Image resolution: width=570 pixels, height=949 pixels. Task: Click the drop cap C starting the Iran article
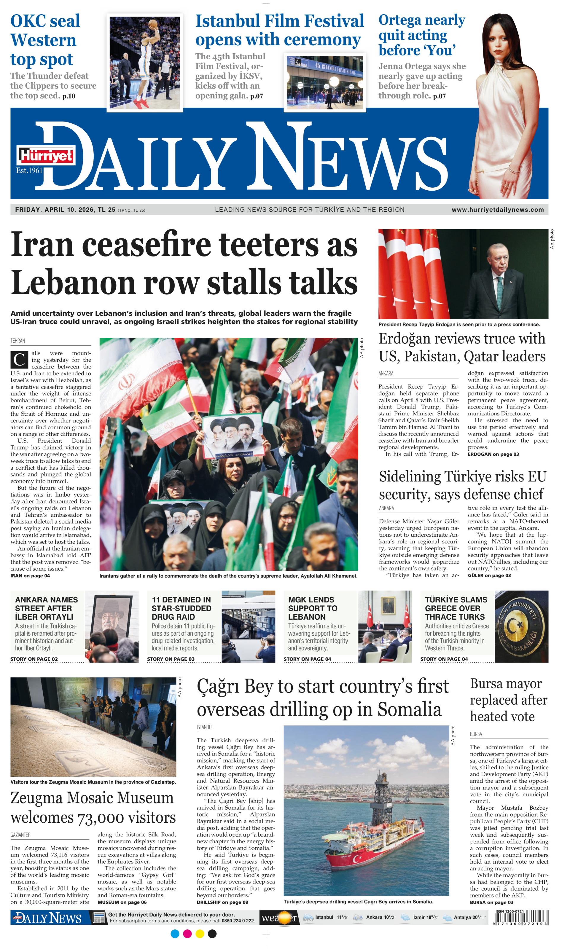pyautogui.click(x=19, y=360)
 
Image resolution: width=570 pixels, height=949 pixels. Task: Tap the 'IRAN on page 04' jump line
pyautogui.click(x=30, y=575)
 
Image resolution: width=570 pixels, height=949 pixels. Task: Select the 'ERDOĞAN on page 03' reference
pyautogui.click(x=493, y=454)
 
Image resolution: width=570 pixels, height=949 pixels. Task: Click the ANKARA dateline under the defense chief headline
pyautogui.click(x=386, y=508)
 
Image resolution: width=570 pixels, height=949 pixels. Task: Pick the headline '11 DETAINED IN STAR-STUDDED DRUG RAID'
pyautogui.click(x=182, y=608)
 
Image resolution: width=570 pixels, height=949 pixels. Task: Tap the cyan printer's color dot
pyautogui.click(x=175, y=934)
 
